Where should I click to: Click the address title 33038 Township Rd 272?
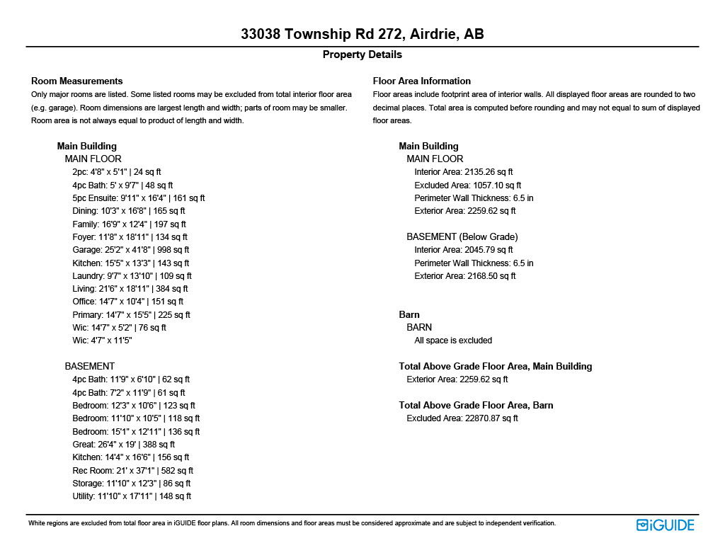pos(362,35)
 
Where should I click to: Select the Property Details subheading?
pos(362,55)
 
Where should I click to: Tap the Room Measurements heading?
pos(77,81)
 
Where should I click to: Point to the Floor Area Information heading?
pos(422,81)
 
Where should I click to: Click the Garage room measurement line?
pos(130,250)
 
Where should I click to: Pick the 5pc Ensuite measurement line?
pos(138,198)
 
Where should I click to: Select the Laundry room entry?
pos(132,276)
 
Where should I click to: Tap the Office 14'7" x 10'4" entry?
pos(127,302)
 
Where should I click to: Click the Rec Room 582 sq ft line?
pos(132,471)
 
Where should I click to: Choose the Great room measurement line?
pos(123,445)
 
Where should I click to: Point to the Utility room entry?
pos(131,496)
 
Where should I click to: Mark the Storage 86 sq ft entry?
pos(131,484)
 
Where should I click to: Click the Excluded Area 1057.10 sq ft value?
pos(467,185)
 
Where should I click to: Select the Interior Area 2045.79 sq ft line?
pos(464,250)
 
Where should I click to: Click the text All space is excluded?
pos(453,341)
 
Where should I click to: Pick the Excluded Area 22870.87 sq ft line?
pos(462,418)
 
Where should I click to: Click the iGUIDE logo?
pos(666,525)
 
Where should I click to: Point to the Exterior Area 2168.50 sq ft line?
pos(465,276)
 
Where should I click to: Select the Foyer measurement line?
pos(130,237)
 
